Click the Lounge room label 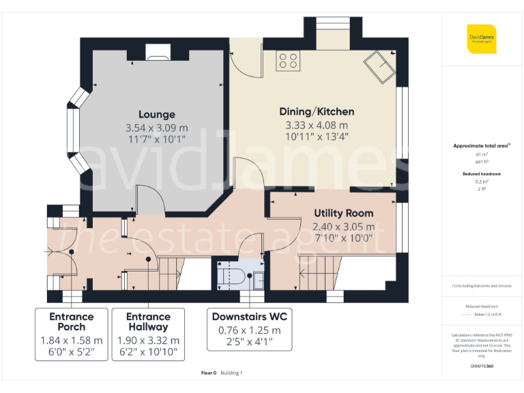pos(156,115)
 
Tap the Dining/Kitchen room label pos(317,111)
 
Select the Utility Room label pos(343,214)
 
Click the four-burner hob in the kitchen pos(287,61)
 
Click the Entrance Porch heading pos(71,321)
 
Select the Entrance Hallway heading pos(148,321)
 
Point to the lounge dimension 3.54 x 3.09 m pos(156,128)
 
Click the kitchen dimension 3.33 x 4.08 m pos(317,125)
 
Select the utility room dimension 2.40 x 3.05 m pos(343,227)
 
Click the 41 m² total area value pos(482,155)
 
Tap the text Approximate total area pos(480,146)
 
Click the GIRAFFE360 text pos(481,367)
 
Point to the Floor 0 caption pos(208,373)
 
